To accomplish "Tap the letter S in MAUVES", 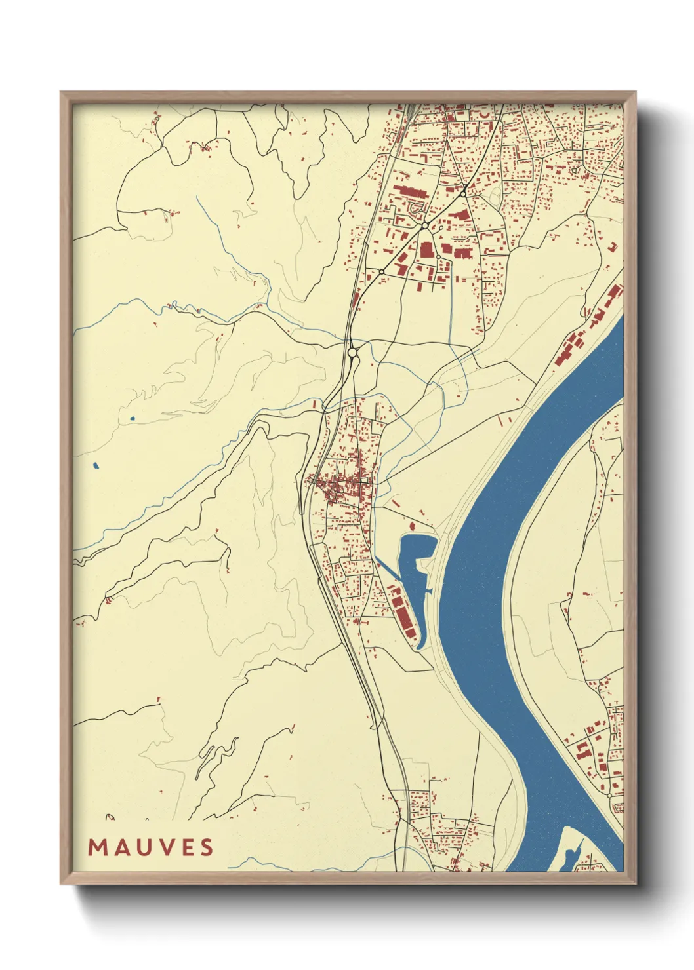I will tap(207, 847).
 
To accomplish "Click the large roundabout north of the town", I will tap(352, 353).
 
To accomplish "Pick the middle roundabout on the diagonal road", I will tap(425, 225).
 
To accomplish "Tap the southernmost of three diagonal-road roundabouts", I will tap(381, 271).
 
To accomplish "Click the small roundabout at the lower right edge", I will tap(609, 795).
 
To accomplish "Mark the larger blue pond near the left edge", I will tap(96, 466).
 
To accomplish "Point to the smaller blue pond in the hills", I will tap(132, 418).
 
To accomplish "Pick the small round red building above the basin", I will tap(413, 526).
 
